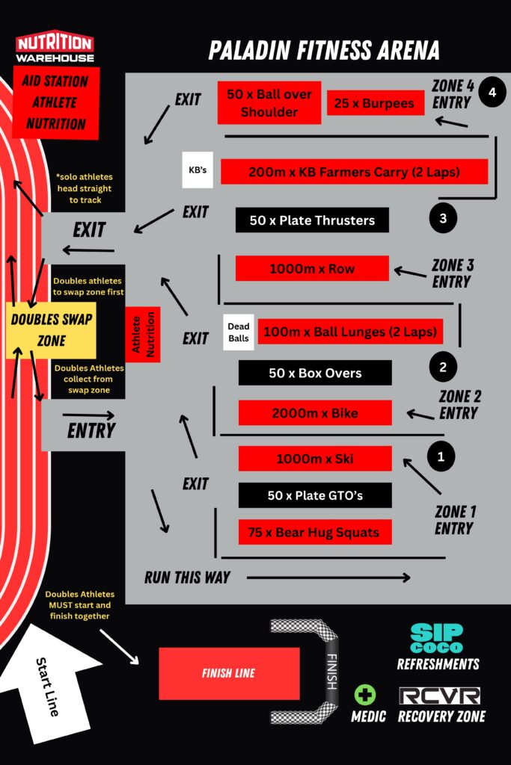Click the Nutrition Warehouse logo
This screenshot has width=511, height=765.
pyautogui.click(x=55, y=47)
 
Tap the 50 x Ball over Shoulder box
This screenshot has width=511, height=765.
pyautogui.click(x=269, y=103)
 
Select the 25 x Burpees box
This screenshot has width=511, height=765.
pyautogui.click(x=375, y=103)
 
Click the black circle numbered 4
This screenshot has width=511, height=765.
pyautogui.click(x=492, y=92)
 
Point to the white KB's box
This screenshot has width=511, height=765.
pyautogui.click(x=198, y=170)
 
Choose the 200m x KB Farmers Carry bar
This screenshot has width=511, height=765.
pyautogui.click(x=354, y=172)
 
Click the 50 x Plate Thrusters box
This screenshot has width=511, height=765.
pyautogui.click(x=312, y=220)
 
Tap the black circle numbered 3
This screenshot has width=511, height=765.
pyautogui.click(x=443, y=218)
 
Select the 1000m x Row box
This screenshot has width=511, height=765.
pyautogui.click(x=312, y=268)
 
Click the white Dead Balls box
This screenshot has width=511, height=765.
pyautogui.click(x=239, y=332)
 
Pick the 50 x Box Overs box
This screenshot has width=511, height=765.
pyautogui.click(x=315, y=373)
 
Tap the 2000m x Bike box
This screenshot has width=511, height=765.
pyautogui.click(x=315, y=412)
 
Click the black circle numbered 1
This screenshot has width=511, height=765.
pyautogui.click(x=441, y=456)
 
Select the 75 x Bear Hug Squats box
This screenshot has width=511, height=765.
pyautogui.click(x=315, y=532)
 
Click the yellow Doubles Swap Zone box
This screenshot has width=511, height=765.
pyautogui.click(x=52, y=330)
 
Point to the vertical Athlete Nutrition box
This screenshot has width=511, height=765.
pyautogui.click(x=143, y=334)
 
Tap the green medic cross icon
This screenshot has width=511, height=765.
pyautogui.click(x=365, y=695)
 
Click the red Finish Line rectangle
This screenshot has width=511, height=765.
pyautogui.click(x=229, y=674)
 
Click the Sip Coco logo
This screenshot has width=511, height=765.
pyautogui.click(x=436, y=638)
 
